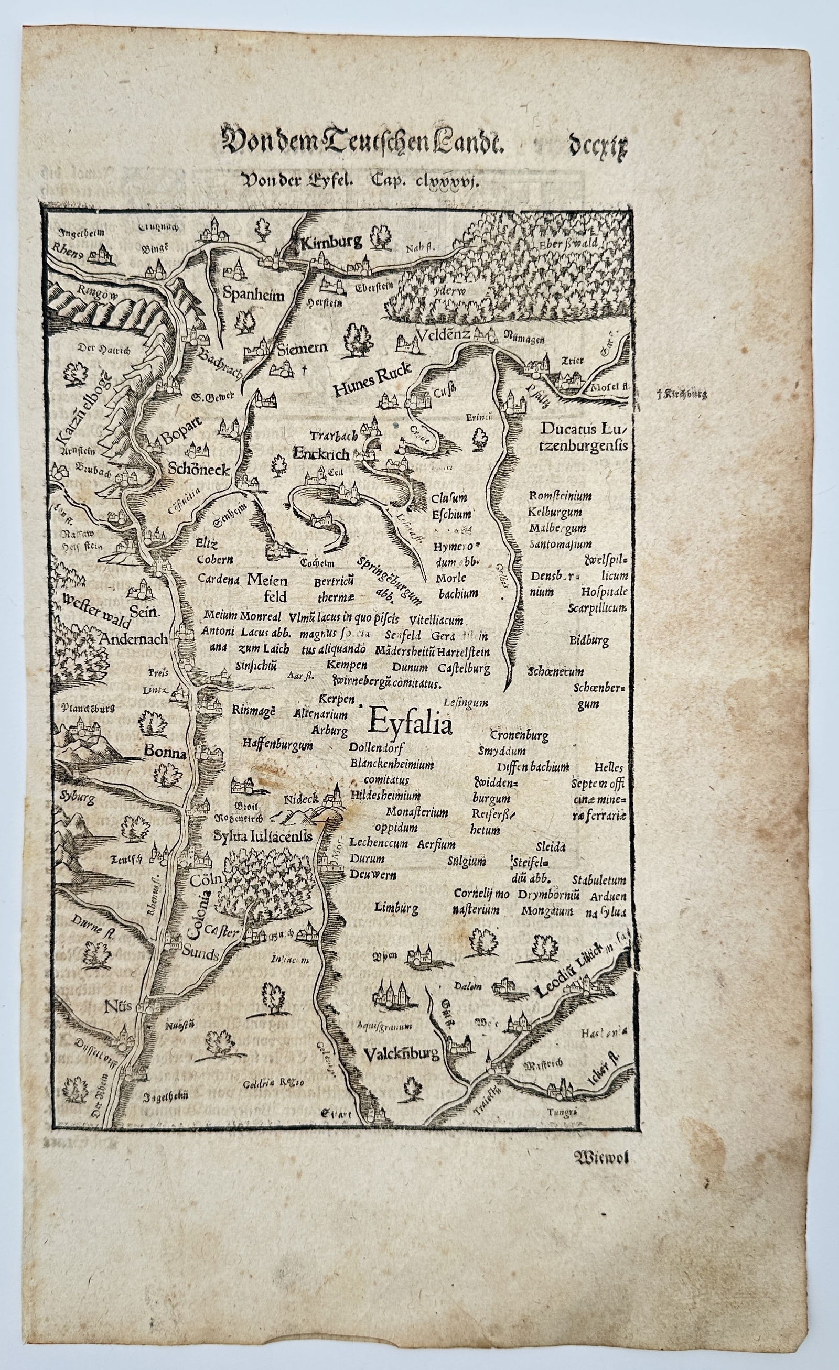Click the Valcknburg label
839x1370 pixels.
point(402,1053)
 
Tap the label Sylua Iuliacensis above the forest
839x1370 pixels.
point(262,836)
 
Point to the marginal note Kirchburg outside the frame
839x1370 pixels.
point(681,395)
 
